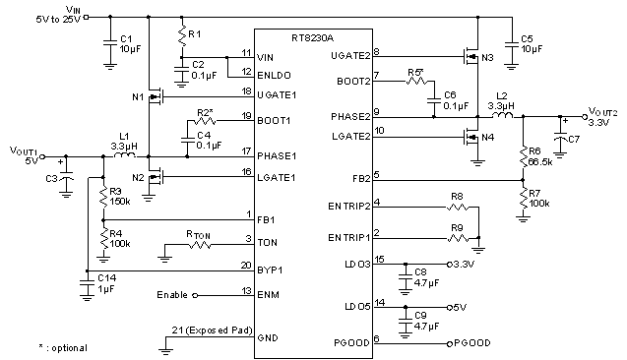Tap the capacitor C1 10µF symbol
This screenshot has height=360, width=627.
109,42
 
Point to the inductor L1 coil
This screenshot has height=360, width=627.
123,155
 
